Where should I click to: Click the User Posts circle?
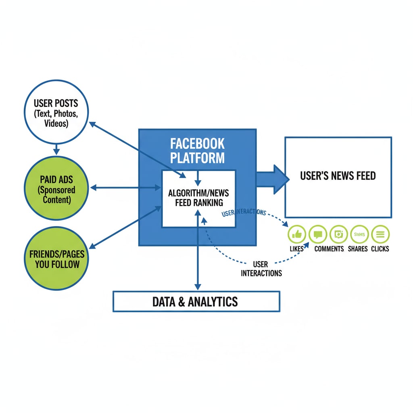[56, 112]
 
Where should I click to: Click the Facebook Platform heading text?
[197, 150]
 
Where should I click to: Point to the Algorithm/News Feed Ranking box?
[198, 198]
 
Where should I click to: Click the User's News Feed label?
[338, 176]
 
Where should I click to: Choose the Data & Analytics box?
[196, 301]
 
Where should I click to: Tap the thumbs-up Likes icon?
[297, 234]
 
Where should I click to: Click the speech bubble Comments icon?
[318, 234]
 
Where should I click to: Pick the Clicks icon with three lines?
[380, 234]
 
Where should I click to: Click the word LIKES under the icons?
[296, 249]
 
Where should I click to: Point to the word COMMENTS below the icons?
[329, 249]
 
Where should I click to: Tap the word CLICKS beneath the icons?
[380, 249]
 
